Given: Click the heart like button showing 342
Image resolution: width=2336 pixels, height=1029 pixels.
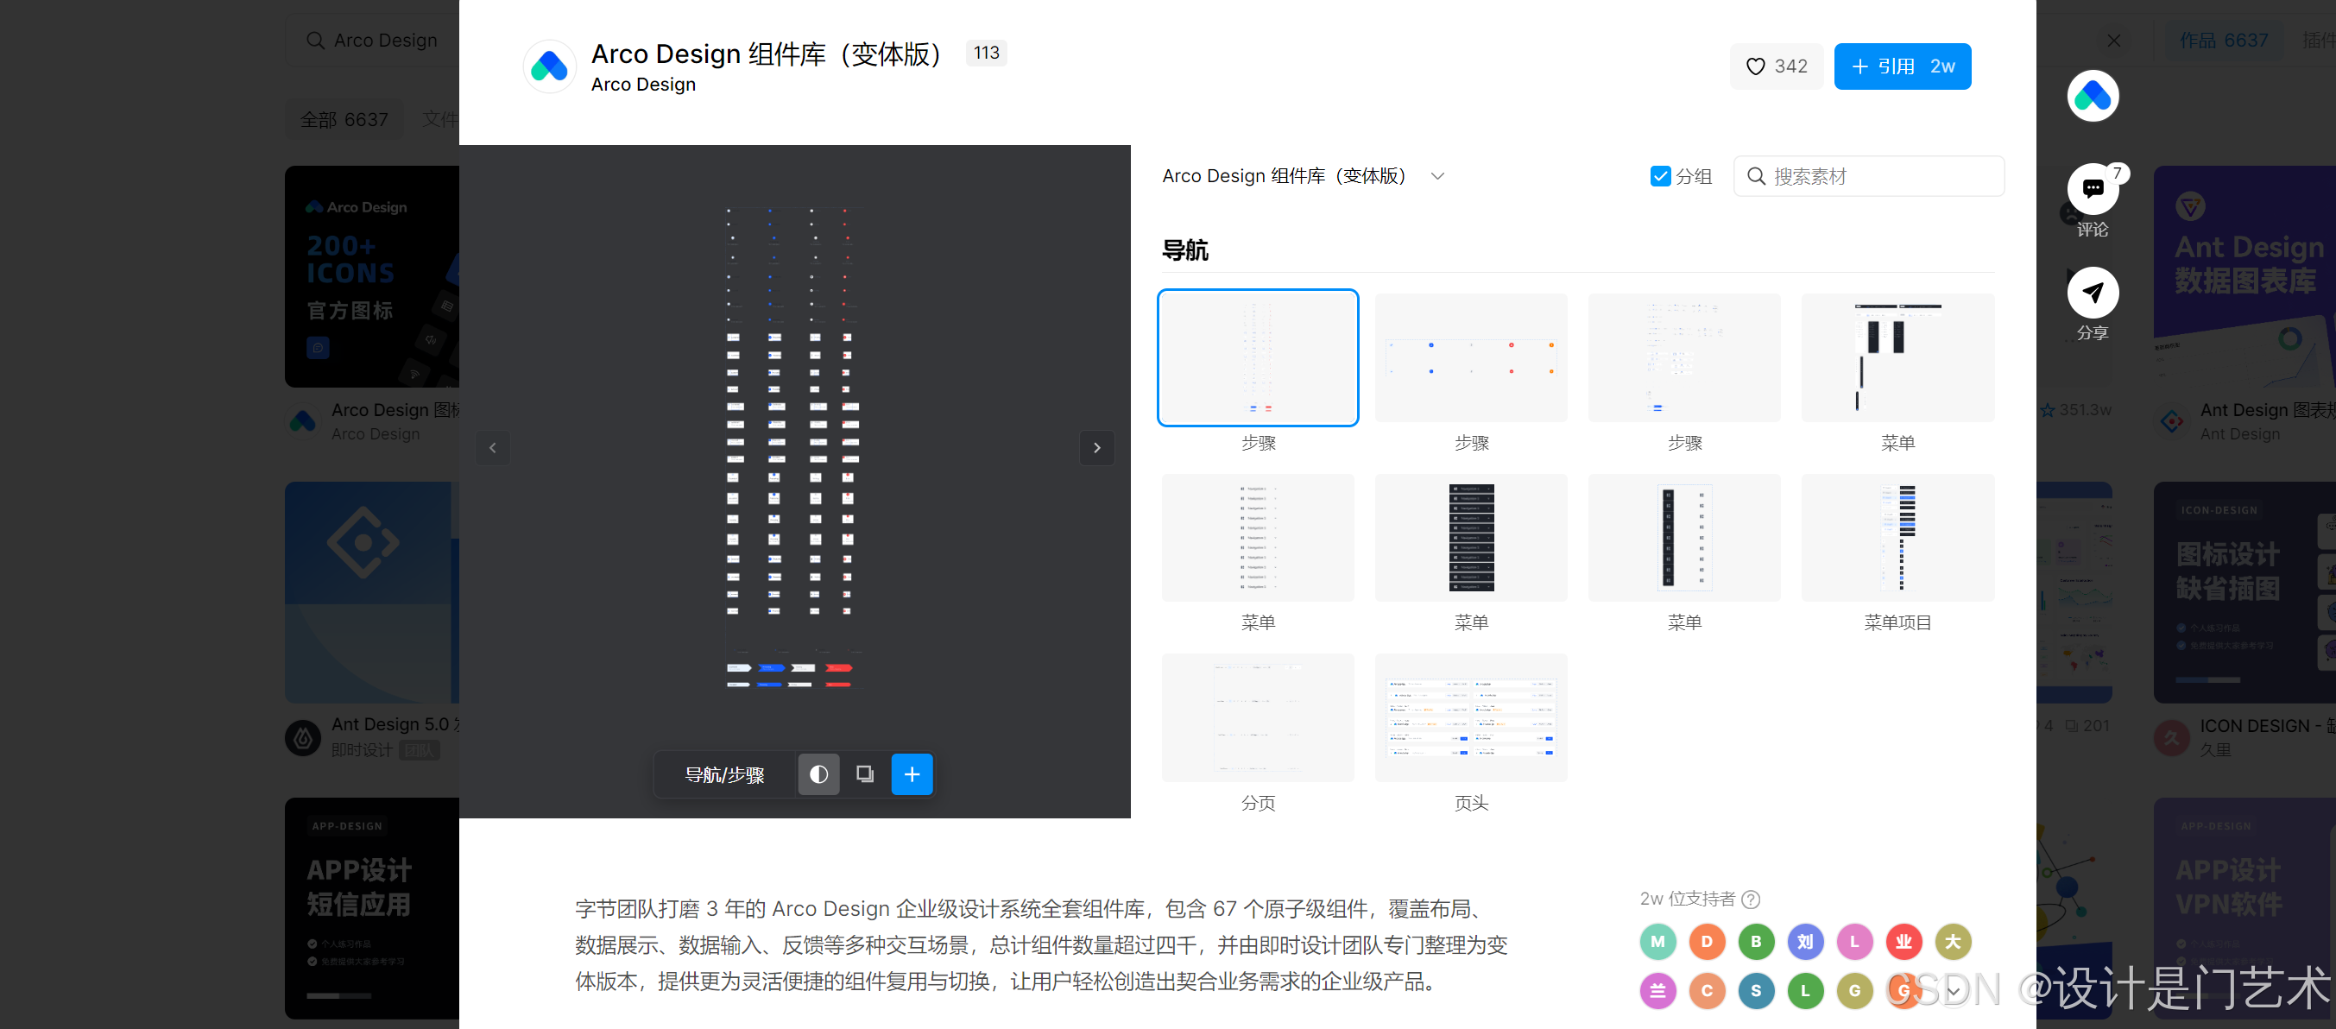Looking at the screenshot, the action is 1776,66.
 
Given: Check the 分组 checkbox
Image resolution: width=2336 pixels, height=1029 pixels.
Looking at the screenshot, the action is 1659,176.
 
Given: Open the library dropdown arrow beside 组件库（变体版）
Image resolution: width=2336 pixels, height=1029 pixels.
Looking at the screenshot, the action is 1437,176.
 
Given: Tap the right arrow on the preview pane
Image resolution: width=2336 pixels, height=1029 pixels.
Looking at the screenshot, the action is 1096,448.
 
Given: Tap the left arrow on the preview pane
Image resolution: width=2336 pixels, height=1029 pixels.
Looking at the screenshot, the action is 492,448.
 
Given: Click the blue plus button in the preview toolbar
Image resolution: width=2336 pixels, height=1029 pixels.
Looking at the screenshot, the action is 912,774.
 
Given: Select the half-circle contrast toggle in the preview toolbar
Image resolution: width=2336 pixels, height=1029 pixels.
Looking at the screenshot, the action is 818,774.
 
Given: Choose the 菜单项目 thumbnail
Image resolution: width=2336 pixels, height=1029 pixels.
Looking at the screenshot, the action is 1897,538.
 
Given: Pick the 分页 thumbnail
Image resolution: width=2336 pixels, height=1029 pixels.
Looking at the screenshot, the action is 1257,717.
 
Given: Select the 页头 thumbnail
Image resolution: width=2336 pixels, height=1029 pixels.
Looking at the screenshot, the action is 1470,717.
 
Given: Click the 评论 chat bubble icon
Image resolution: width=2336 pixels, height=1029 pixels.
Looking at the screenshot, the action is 2092,188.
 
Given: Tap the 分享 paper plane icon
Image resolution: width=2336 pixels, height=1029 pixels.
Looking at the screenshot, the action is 2092,292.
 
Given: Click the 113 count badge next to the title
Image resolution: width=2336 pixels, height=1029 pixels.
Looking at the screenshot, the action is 986,53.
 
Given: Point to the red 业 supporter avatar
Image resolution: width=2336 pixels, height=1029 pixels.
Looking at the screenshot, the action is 1903,941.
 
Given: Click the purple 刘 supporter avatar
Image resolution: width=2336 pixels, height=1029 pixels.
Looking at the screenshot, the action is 1804,941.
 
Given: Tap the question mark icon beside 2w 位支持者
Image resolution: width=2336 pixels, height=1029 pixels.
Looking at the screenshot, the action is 1751,900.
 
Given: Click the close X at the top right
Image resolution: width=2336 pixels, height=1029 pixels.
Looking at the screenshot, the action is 2113,41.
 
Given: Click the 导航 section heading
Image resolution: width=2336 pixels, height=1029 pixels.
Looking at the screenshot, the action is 1184,250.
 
